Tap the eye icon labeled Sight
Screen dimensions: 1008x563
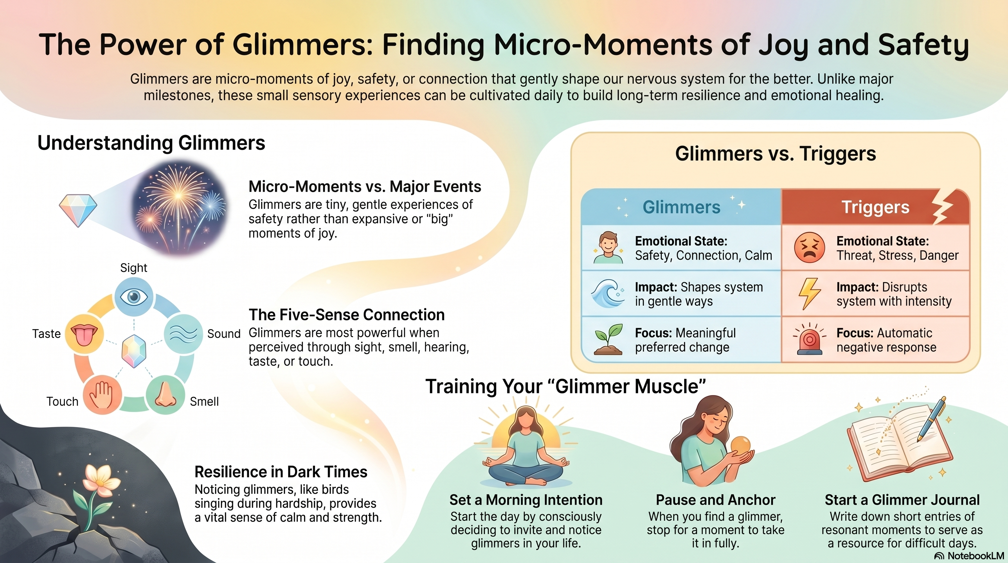pos(134,297)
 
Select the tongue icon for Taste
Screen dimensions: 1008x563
pos(84,334)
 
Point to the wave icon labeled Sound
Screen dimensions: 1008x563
pos(183,334)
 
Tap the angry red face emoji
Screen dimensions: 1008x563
pos(809,247)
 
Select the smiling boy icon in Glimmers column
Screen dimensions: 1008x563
pos(608,247)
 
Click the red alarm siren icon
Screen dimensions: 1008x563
pos(809,339)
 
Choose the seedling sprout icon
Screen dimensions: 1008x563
pos(608,339)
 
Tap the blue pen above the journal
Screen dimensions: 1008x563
pos(931,419)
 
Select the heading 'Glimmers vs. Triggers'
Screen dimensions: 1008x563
pos(775,154)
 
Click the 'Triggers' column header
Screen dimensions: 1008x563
pos(875,207)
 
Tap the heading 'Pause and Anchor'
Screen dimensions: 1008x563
pos(716,500)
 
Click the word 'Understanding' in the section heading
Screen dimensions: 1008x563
pos(105,143)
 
